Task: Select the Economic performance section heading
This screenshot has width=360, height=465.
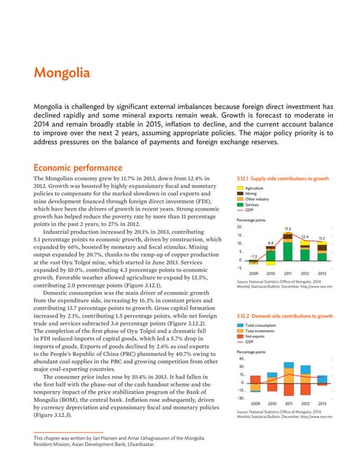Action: pyautogui.click(x=76, y=145)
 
